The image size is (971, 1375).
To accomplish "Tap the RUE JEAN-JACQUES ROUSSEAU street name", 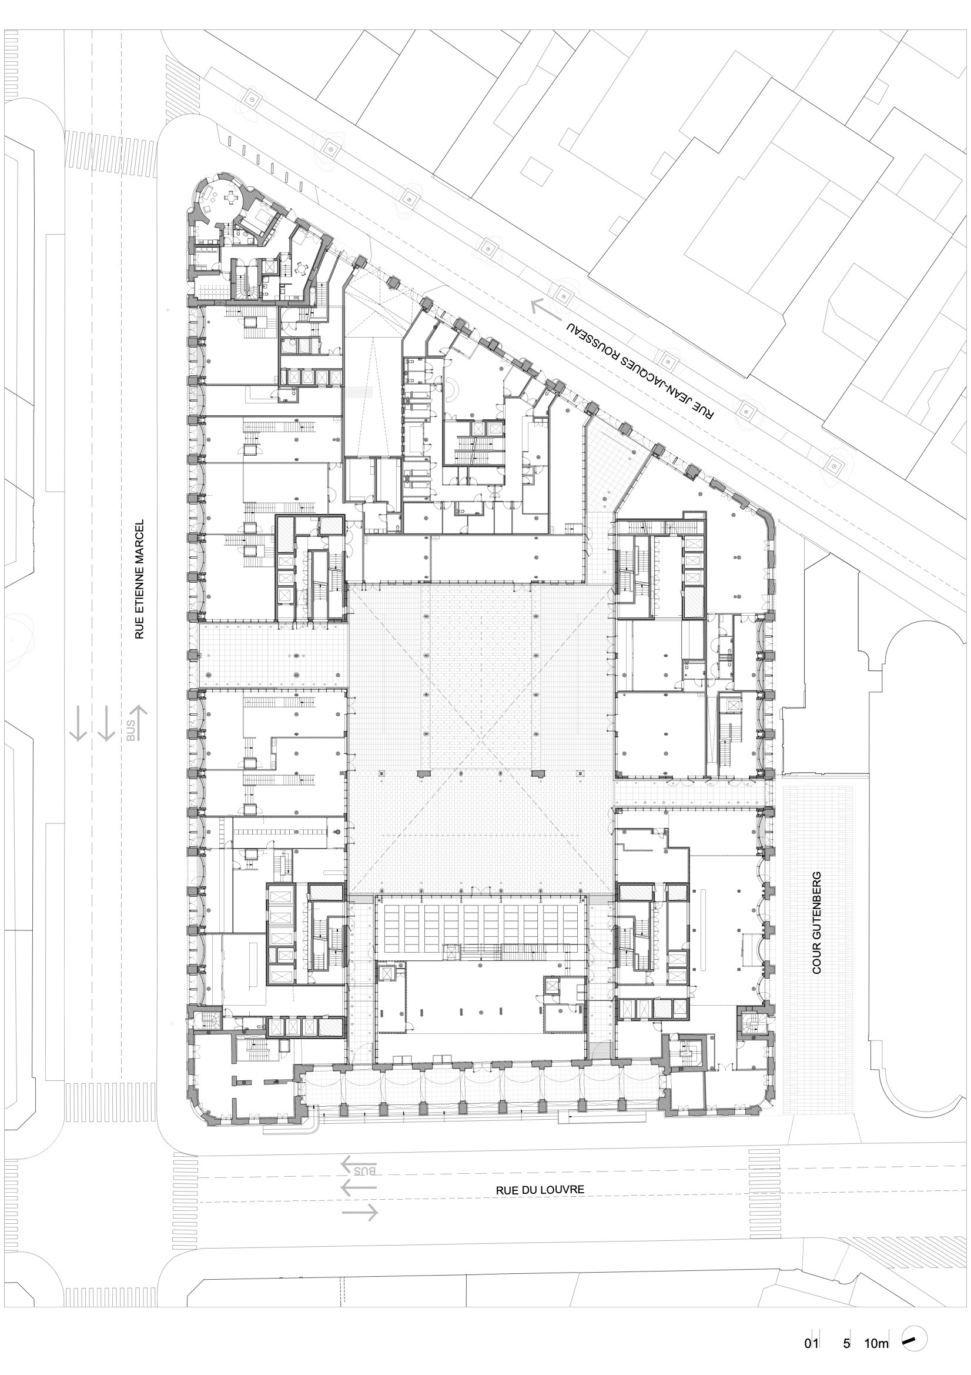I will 641,371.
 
